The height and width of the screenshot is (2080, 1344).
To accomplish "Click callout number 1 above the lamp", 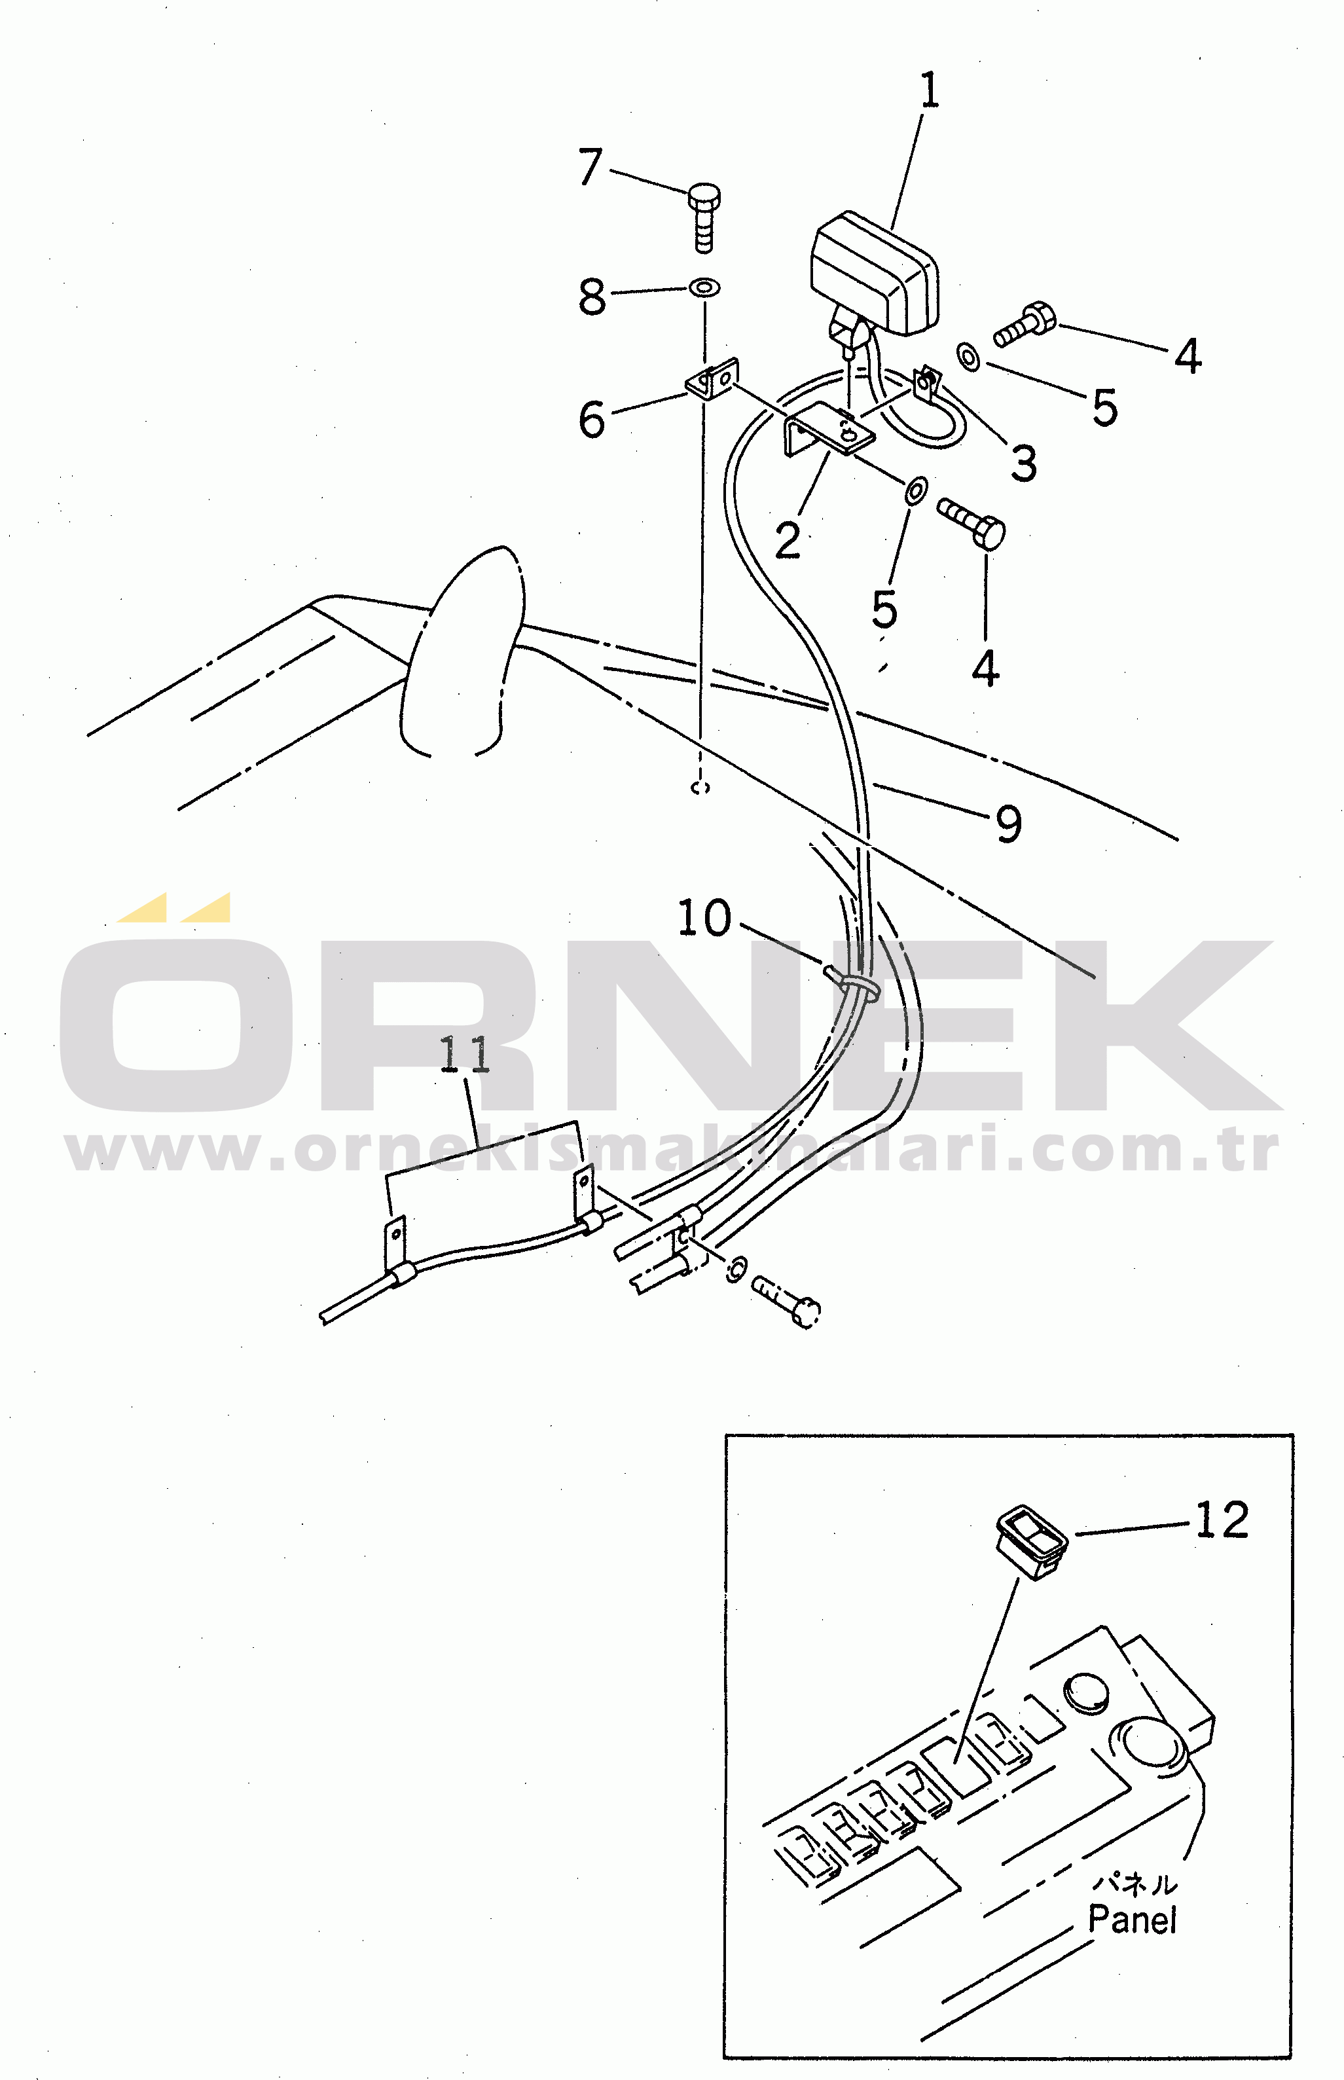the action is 930,91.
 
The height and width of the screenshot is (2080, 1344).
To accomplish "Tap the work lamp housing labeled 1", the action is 875,272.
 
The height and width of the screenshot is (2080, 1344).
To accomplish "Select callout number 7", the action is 591,167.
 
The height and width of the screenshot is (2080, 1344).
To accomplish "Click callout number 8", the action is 592,296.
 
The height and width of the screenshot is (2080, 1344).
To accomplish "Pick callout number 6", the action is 592,419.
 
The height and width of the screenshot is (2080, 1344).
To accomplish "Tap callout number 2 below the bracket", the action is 787,540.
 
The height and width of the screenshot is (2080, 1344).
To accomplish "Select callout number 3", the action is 1025,463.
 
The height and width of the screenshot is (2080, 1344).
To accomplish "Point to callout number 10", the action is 704,919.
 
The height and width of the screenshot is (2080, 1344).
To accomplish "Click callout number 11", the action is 464,1055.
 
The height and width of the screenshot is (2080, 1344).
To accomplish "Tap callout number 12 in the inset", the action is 1222,1520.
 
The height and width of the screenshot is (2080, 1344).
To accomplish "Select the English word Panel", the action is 1133,1920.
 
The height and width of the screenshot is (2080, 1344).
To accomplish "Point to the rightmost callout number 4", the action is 1188,356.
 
